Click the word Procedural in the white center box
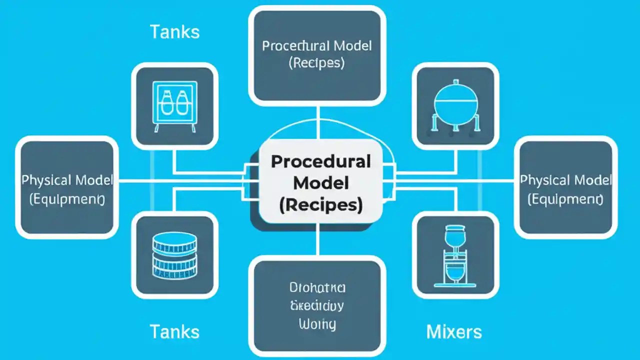[320, 162]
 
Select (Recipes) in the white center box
[320, 205]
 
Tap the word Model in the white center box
[320, 183]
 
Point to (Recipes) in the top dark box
[317, 63]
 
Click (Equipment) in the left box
[67, 199]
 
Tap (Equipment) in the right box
[565, 199]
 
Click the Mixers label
[454, 331]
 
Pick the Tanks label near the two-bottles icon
[174, 32]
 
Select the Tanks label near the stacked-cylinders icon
[174, 331]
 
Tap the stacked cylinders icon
[174, 255]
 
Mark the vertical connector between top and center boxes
[317, 122]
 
